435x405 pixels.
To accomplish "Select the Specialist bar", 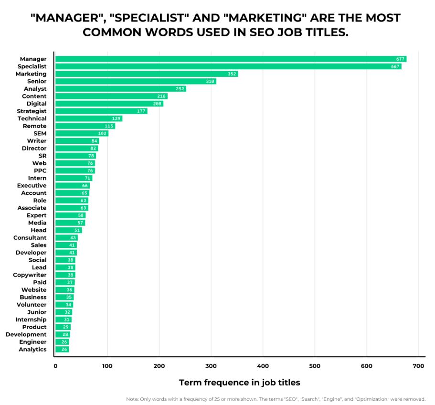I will tap(228, 66).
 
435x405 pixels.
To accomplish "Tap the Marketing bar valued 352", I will tap(147, 74).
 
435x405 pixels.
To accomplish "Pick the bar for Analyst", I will tap(120, 89).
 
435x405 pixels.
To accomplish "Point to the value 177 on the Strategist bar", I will tap(141, 111).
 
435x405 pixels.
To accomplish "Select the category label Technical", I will tap(32, 118).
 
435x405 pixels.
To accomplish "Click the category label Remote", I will tap(34, 126).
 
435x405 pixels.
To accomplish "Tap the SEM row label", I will tap(40, 133).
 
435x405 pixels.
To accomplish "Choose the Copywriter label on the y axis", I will tap(30, 275).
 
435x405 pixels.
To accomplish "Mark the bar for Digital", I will tap(109, 104).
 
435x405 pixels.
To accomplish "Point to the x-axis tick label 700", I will tap(418, 366).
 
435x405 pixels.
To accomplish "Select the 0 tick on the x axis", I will tap(55, 366).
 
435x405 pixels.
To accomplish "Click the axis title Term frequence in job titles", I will tap(239, 383).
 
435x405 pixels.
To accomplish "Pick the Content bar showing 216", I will tap(111, 96).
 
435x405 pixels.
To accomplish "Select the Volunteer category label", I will tap(32, 305).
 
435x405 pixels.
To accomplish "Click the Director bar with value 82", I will tap(76, 149).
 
